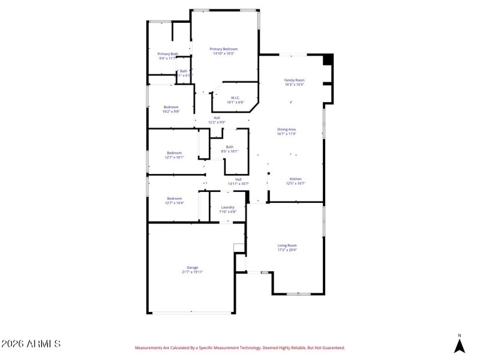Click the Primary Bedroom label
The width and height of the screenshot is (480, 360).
[x=223, y=49]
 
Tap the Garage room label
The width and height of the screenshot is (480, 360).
[x=192, y=268]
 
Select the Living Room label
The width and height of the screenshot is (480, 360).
[x=287, y=245]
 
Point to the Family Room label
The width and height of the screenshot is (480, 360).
[x=294, y=80]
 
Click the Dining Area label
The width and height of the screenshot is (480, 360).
[x=287, y=130]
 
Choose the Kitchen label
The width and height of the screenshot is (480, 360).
[x=295, y=179]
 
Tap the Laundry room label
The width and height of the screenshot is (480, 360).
[x=227, y=207]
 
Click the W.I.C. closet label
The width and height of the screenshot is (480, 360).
[x=236, y=98]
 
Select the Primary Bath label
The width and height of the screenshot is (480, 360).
[x=167, y=53]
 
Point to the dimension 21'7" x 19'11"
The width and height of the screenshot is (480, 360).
[x=192, y=272]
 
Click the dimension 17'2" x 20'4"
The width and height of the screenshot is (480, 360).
[x=287, y=250]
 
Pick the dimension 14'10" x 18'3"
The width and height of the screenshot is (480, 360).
[x=223, y=53]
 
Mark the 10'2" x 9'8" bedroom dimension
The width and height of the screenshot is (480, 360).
[x=171, y=112]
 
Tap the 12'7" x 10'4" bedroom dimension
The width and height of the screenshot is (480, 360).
[x=175, y=203]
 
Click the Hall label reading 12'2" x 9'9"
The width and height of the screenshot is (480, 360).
[x=217, y=122]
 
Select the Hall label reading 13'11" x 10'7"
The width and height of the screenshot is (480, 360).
[x=238, y=184]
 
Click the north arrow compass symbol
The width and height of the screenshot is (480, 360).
[x=460, y=345]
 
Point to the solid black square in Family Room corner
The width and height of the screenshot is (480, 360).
[x=328, y=59]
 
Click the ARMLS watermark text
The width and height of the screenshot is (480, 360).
[x=31, y=344]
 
